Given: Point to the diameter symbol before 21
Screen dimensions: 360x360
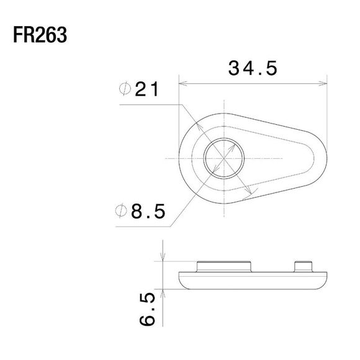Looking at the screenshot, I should pos(124,90).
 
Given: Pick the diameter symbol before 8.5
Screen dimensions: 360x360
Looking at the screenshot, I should pos(124,212).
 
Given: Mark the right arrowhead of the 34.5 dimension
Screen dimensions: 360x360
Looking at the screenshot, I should pos(324,81).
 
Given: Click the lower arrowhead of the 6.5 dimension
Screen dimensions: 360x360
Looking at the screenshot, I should pos(163,290).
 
